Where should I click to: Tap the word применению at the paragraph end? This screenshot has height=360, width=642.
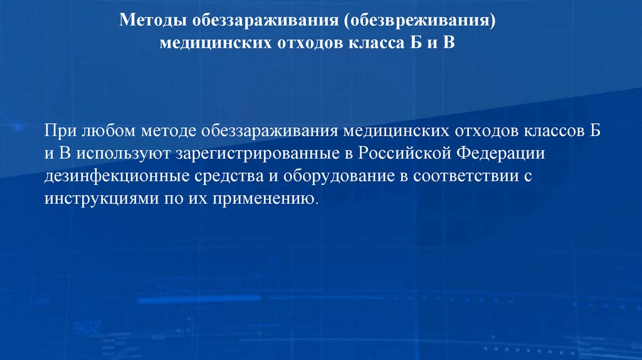coord(273,199)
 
